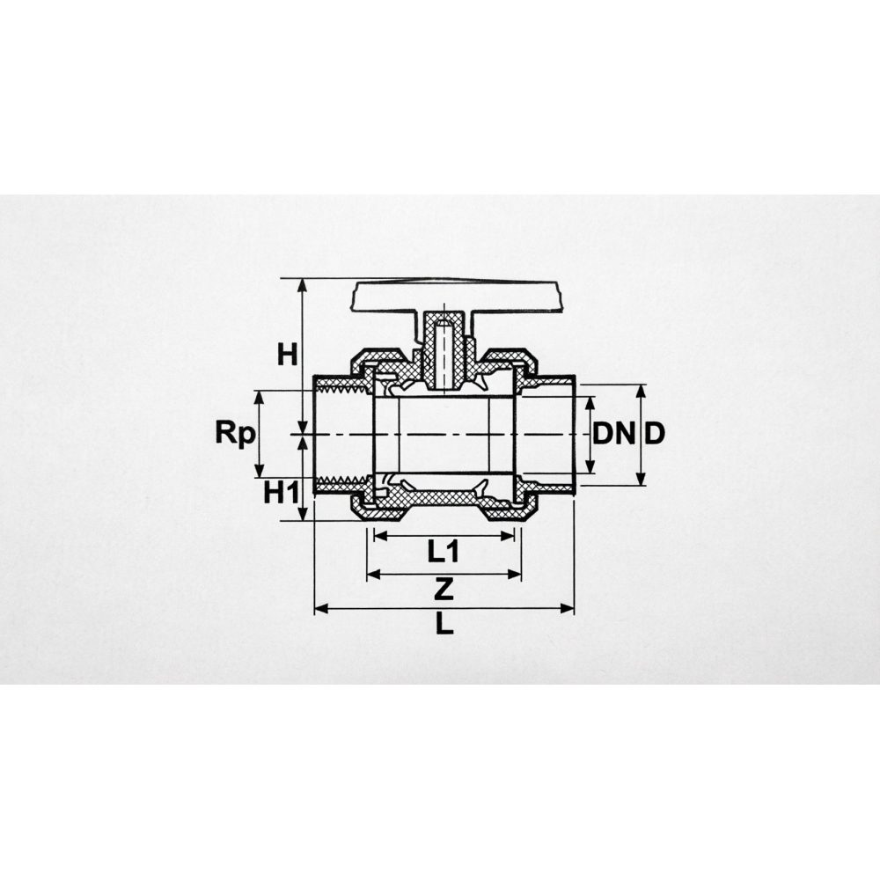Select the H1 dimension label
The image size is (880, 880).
click(x=282, y=494)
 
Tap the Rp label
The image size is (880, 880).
click(x=235, y=434)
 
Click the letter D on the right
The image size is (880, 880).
click(x=655, y=433)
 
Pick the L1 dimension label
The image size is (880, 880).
click(x=444, y=552)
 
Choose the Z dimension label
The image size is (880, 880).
click(x=444, y=590)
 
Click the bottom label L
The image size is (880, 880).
click(x=444, y=623)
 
